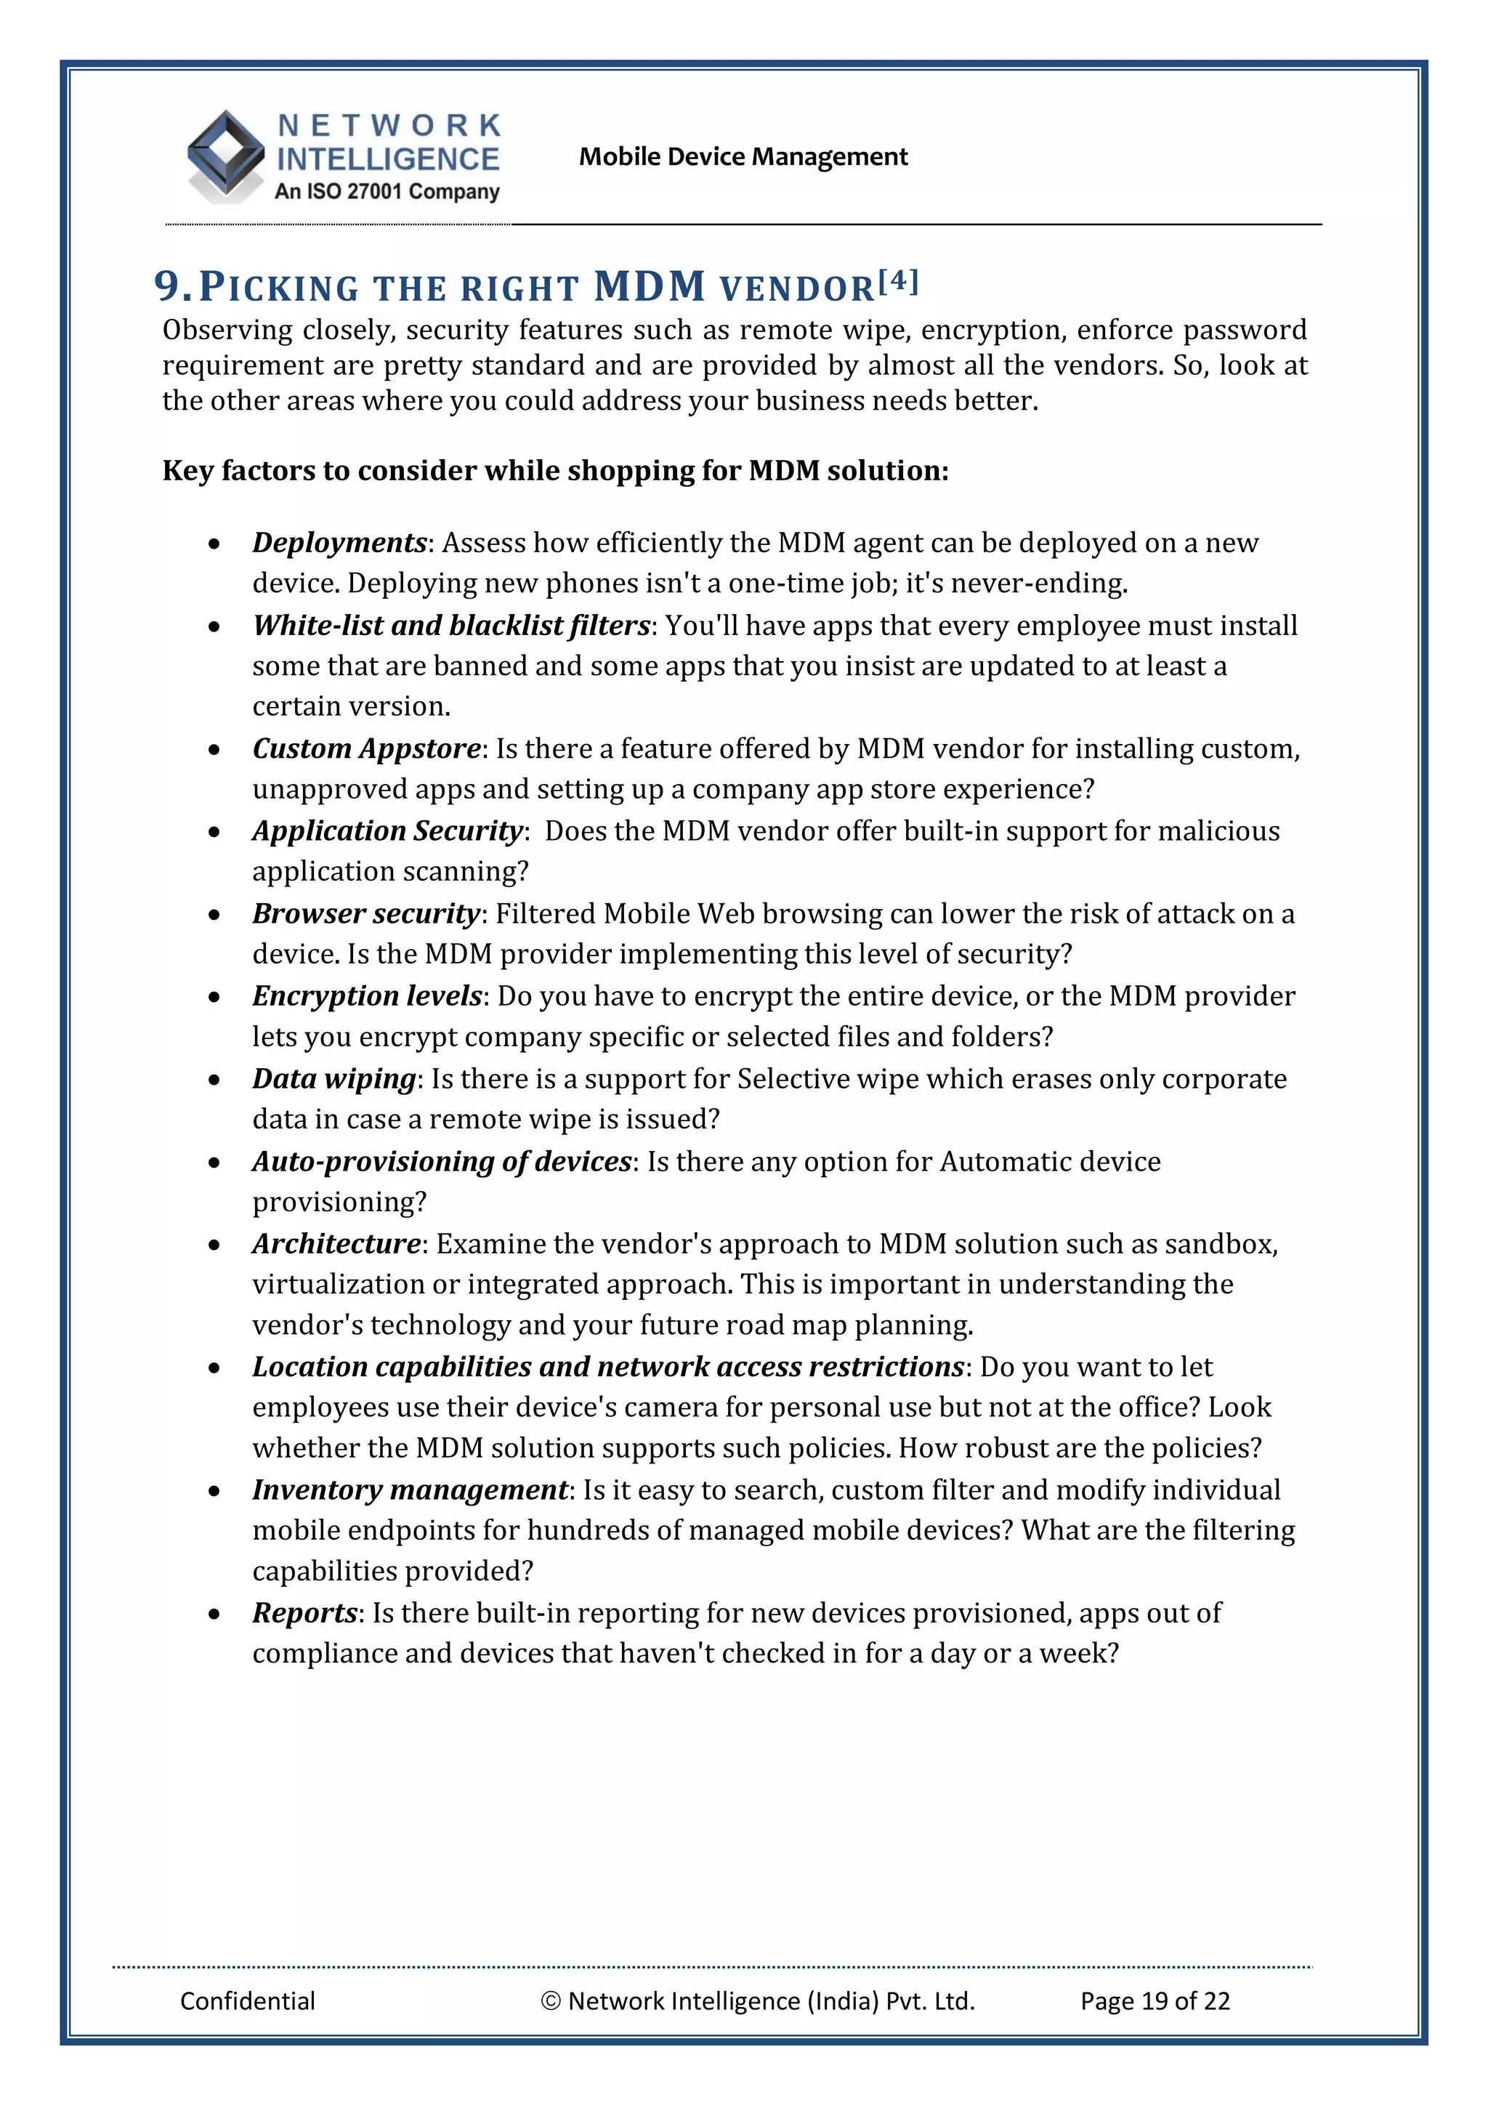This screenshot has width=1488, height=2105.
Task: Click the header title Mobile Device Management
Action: coord(743,157)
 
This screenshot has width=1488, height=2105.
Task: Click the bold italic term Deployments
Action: coord(339,543)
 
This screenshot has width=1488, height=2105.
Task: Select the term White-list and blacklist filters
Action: coord(451,626)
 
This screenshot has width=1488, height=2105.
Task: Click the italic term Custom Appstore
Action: coord(365,748)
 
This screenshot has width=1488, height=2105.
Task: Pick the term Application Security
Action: coord(387,831)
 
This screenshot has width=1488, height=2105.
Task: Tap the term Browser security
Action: coord(365,913)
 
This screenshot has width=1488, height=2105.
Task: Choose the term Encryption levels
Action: coord(367,995)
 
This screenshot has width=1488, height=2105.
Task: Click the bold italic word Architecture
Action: coord(336,1243)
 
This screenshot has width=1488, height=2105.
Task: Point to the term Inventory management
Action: coord(410,1489)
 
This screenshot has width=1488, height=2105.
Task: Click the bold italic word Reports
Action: coord(304,1612)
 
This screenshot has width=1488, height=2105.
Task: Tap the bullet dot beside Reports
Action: coord(214,1615)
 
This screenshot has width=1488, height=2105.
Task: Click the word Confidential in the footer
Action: coord(248,2000)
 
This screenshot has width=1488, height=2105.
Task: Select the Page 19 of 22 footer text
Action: coord(1155,2000)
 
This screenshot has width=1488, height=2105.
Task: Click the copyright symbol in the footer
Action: coord(550,2000)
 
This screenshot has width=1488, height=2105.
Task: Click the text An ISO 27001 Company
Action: coord(387,192)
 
